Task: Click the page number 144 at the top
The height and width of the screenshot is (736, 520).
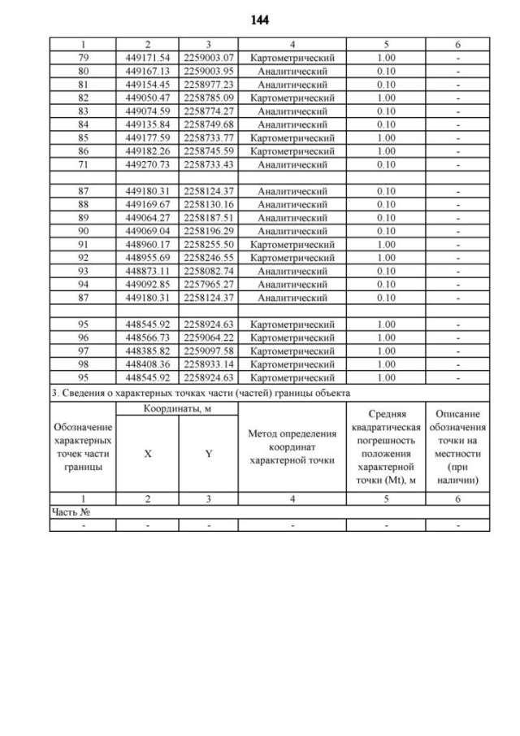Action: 260,18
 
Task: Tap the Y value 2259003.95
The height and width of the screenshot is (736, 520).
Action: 209,72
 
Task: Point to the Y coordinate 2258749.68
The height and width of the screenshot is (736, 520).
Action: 209,124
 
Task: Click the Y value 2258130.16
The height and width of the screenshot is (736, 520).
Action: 209,204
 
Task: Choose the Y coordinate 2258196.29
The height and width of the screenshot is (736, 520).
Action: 209,231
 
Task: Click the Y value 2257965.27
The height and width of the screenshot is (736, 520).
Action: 209,284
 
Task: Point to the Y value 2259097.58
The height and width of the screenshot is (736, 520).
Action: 209,351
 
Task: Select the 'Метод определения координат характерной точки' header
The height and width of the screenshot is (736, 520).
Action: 292,446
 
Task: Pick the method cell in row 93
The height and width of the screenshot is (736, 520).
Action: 292,271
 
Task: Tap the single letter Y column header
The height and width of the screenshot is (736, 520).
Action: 209,455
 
